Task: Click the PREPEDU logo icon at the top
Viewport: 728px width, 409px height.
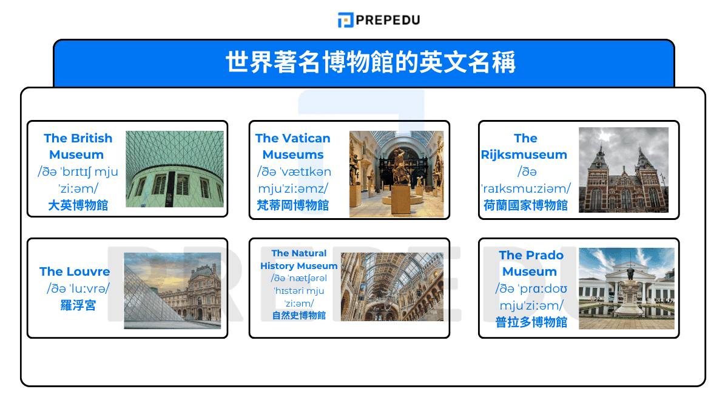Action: (345, 20)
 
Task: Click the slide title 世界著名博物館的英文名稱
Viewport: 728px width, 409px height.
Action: (370, 62)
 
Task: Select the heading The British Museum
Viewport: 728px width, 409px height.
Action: (78, 146)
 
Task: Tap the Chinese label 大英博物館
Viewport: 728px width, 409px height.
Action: (78, 205)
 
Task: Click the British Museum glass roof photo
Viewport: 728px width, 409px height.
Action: (175, 169)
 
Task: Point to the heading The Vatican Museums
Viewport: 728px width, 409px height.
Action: (293, 146)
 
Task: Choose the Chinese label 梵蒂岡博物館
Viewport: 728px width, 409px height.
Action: (293, 205)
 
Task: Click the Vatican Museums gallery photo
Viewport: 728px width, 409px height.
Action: (396, 174)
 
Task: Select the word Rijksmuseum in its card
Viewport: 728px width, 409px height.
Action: (524, 155)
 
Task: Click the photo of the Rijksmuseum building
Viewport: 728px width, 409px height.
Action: (623, 170)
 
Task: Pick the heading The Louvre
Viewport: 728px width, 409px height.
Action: (75, 271)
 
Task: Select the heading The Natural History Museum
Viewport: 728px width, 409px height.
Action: (298, 259)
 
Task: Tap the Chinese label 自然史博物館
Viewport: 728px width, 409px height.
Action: (298, 316)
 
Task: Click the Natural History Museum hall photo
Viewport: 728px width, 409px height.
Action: (392, 287)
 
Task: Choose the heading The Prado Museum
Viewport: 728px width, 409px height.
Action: (530, 263)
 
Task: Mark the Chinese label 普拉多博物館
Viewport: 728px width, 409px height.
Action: (530, 322)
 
